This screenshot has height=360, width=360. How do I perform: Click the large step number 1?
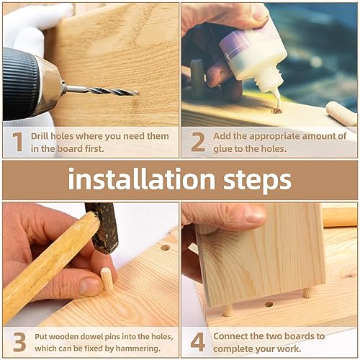[17, 142]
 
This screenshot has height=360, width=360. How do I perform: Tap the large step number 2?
[198, 142]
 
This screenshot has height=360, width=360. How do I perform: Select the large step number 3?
[19, 342]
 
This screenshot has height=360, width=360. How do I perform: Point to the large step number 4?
[198, 342]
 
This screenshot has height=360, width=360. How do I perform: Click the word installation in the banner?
[141, 179]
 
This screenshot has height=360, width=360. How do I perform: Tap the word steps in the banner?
[257, 180]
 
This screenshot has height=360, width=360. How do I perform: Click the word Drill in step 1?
[40, 136]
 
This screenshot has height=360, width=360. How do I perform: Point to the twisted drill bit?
[101, 91]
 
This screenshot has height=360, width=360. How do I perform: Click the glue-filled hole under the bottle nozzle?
[276, 111]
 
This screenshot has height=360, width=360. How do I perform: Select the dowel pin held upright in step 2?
[197, 78]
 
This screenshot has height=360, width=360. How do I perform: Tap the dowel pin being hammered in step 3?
[107, 279]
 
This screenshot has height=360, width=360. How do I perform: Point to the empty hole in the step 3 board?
[165, 248]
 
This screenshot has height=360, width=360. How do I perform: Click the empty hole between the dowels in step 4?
[269, 305]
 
